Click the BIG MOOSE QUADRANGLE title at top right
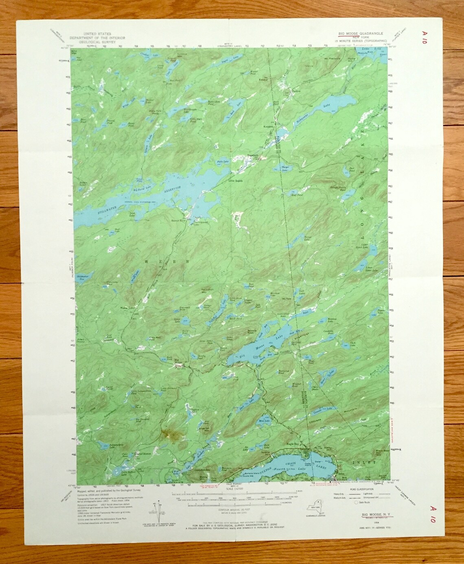(359, 33)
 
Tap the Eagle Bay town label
(293, 446)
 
